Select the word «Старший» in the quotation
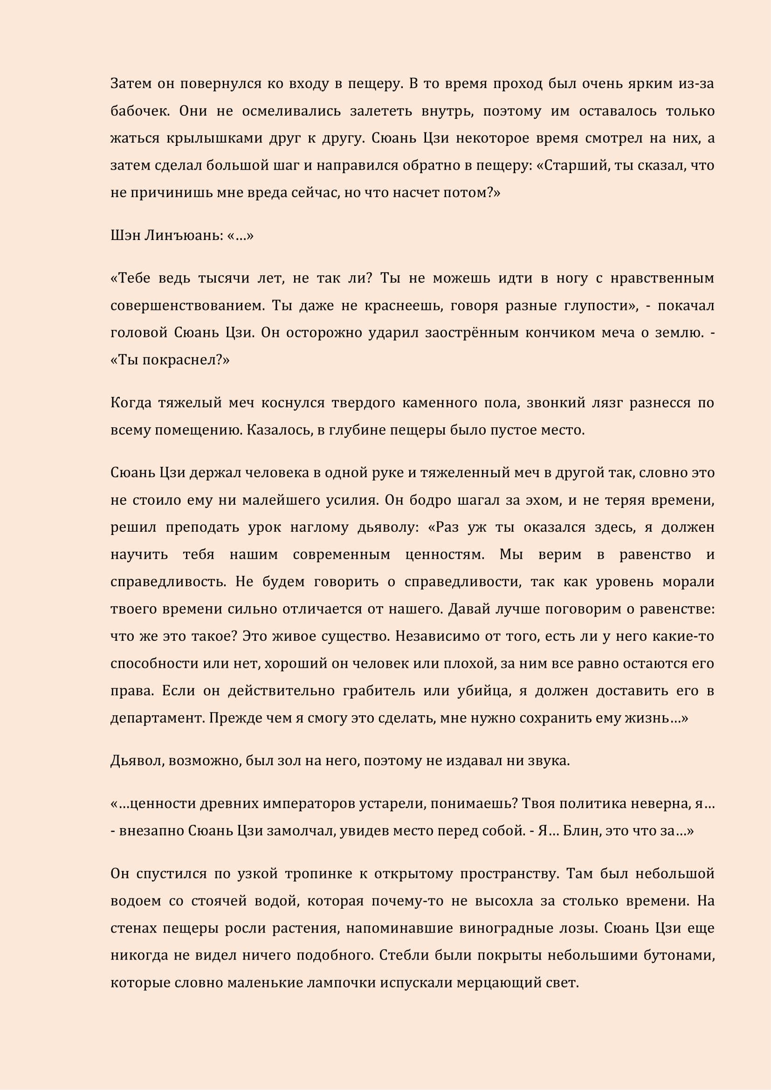574,166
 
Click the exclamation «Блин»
578,831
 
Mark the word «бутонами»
679,955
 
